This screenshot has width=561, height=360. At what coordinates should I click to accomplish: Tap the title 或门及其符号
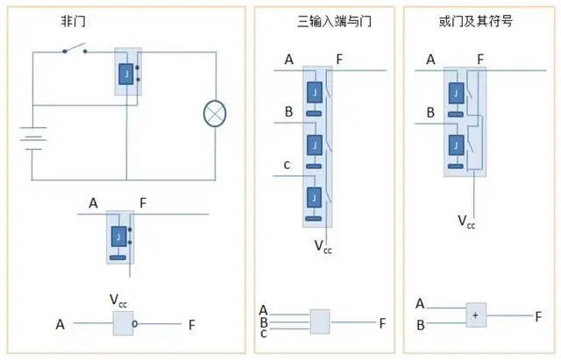click(x=476, y=20)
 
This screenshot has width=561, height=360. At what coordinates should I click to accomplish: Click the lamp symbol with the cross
click(x=216, y=113)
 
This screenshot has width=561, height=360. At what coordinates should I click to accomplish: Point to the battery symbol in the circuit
click(x=33, y=138)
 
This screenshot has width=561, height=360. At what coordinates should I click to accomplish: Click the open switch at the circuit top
click(x=74, y=51)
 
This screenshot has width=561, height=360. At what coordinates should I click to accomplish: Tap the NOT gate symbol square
click(x=124, y=325)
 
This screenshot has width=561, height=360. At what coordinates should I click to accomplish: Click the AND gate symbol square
click(x=321, y=321)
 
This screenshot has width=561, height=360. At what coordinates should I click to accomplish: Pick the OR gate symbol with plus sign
click(x=476, y=314)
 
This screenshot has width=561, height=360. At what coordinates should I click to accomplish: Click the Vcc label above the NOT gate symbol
click(x=121, y=301)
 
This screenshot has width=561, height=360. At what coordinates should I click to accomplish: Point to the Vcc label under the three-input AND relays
click(x=323, y=245)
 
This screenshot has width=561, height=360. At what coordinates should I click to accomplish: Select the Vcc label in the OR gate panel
click(x=466, y=221)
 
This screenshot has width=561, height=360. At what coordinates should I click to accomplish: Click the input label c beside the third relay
click(x=286, y=166)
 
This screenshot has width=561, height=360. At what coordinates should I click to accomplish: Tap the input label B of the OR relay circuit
click(x=430, y=114)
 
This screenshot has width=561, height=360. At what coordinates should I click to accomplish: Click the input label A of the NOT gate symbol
click(x=60, y=325)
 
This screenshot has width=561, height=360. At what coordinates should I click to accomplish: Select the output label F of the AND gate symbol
click(x=382, y=322)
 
